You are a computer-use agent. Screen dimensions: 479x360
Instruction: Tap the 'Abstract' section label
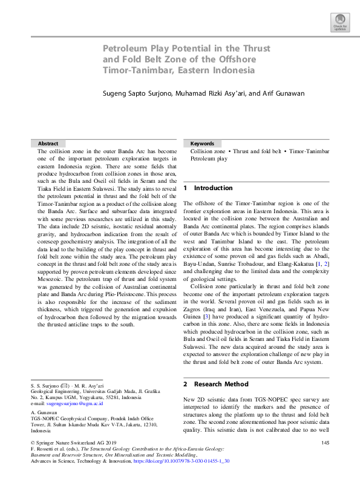coord(48,143)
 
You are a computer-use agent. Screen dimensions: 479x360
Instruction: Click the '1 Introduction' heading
coord(208,188)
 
